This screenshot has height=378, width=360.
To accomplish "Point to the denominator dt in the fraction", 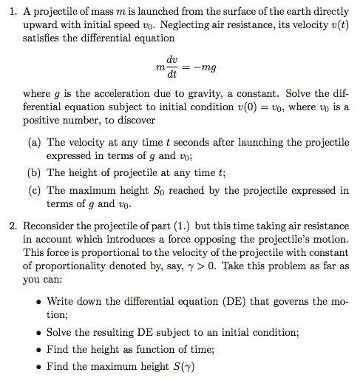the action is click(172, 75).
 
